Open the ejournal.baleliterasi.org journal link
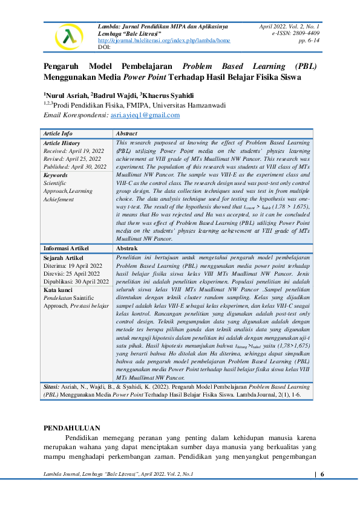(x=164, y=41)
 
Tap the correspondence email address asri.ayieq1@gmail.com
(x=145, y=115)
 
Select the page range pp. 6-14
(x=309, y=41)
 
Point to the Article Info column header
(x=58, y=133)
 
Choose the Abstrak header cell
(x=126, y=248)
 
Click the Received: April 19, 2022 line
(x=74, y=151)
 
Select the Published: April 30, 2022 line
(x=75, y=166)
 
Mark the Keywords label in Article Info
(x=56, y=175)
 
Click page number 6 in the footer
(x=322, y=474)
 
